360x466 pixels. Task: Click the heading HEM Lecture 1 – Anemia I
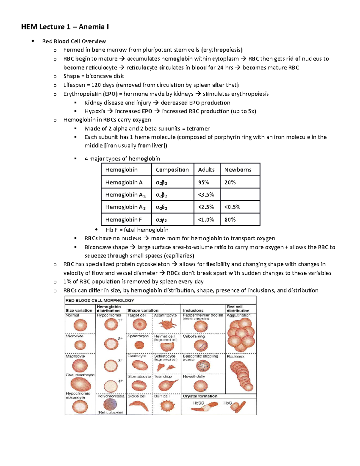coord(65,27)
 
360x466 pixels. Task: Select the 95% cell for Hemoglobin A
coord(204,182)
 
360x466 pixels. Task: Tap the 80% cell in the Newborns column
coord(230,220)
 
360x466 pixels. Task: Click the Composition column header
coord(172,170)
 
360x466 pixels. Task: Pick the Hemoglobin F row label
coord(123,220)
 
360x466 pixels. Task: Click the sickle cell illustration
coord(139,406)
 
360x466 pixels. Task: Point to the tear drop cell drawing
coord(167,385)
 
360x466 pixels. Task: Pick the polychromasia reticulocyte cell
coord(110,404)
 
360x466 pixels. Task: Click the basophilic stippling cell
coord(203,366)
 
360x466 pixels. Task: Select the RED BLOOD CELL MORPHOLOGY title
coord(100,300)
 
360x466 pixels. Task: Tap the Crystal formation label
coord(200,396)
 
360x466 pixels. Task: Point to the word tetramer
coord(198,129)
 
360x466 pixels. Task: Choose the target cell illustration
coord(139,325)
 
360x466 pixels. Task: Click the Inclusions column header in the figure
coord(193,311)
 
